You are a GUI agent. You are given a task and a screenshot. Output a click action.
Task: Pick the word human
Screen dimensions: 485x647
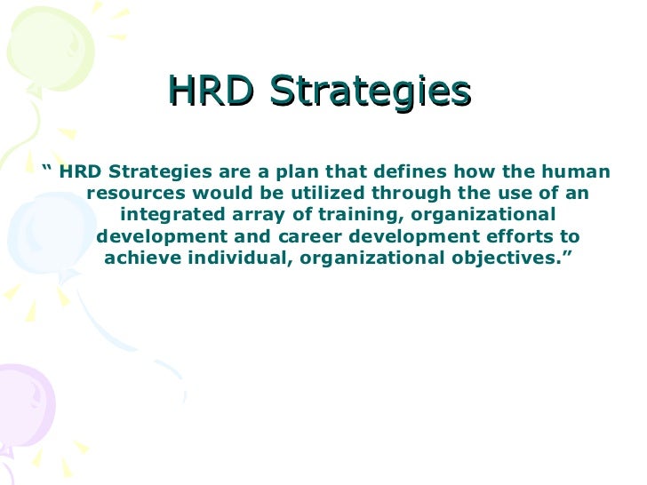(579, 171)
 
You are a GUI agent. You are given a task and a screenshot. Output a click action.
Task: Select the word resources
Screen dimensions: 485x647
(132, 194)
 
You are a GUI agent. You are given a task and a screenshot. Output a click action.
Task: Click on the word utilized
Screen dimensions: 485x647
(325, 194)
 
